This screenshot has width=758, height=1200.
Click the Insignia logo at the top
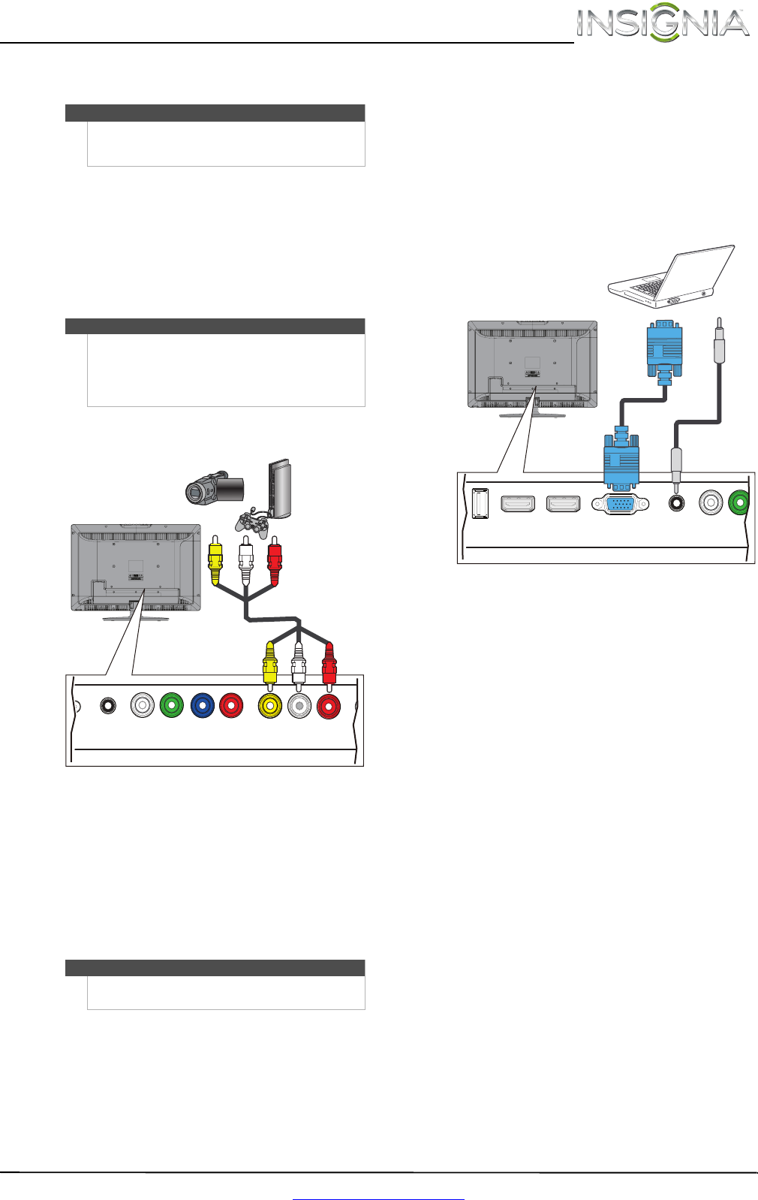tap(663, 23)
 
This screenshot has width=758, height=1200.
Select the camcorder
tap(215, 489)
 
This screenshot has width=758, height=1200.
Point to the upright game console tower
tap(279, 490)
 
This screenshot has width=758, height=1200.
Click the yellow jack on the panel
tap(270, 705)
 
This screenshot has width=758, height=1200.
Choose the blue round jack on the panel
tap(203, 705)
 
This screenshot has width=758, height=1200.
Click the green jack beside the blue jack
tap(172, 705)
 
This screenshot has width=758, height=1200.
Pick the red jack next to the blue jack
tap(231, 705)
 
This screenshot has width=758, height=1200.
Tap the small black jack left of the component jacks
tap(109, 705)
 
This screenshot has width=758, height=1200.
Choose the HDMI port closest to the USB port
tap(518, 504)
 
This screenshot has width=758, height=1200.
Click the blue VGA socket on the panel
tap(618, 505)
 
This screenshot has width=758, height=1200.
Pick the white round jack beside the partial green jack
tap(710, 502)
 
